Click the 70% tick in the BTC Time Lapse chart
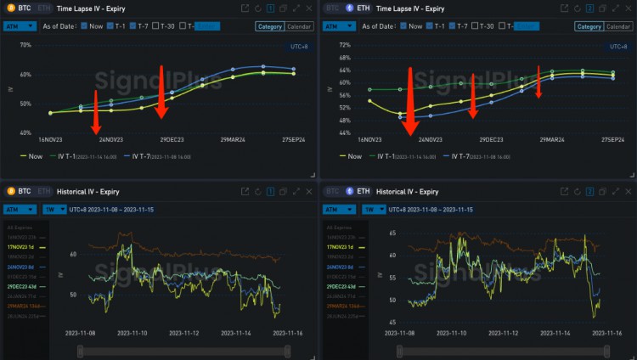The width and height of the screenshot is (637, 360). click(x=25, y=45)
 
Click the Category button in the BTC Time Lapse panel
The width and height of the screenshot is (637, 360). click(x=270, y=26)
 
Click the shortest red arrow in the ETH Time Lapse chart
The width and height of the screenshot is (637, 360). click(x=538, y=82)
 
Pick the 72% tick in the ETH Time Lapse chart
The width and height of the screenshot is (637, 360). click(x=344, y=44)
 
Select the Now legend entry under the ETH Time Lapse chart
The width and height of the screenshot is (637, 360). click(x=349, y=156)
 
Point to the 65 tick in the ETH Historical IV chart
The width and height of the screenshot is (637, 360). click(x=392, y=232)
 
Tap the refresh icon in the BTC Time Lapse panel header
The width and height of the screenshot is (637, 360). click(x=257, y=8)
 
